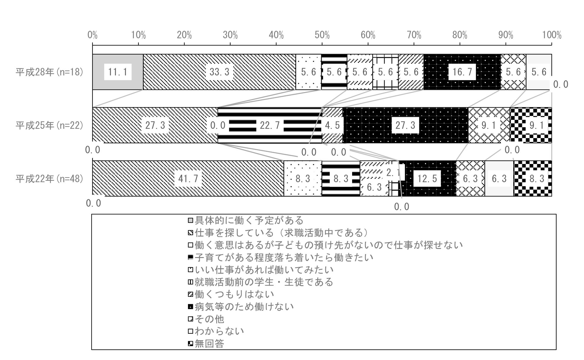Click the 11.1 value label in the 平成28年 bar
(x=118, y=72)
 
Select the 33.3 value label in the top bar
(x=220, y=72)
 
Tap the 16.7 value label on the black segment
(x=462, y=72)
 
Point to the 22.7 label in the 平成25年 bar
(x=270, y=125)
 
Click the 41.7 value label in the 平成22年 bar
(x=188, y=179)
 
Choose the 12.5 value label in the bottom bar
(x=427, y=179)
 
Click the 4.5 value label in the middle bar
(x=332, y=125)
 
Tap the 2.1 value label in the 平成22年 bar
(x=393, y=173)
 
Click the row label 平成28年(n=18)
(x=50, y=72)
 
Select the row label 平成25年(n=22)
(x=50, y=125)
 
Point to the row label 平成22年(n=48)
(x=50, y=179)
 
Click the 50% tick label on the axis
(x=322, y=35)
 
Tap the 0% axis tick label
(x=93, y=35)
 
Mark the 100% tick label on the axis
(x=552, y=35)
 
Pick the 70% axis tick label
(x=414, y=35)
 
